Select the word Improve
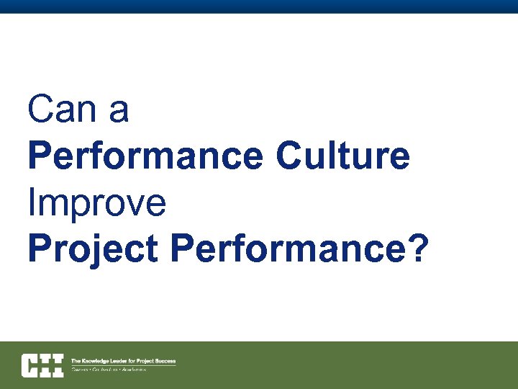[x=97, y=205]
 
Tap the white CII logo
[x=42, y=365]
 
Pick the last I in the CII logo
[x=57, y=365]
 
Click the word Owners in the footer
[x=78, y=370]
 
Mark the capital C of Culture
[x=291, y=156]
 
